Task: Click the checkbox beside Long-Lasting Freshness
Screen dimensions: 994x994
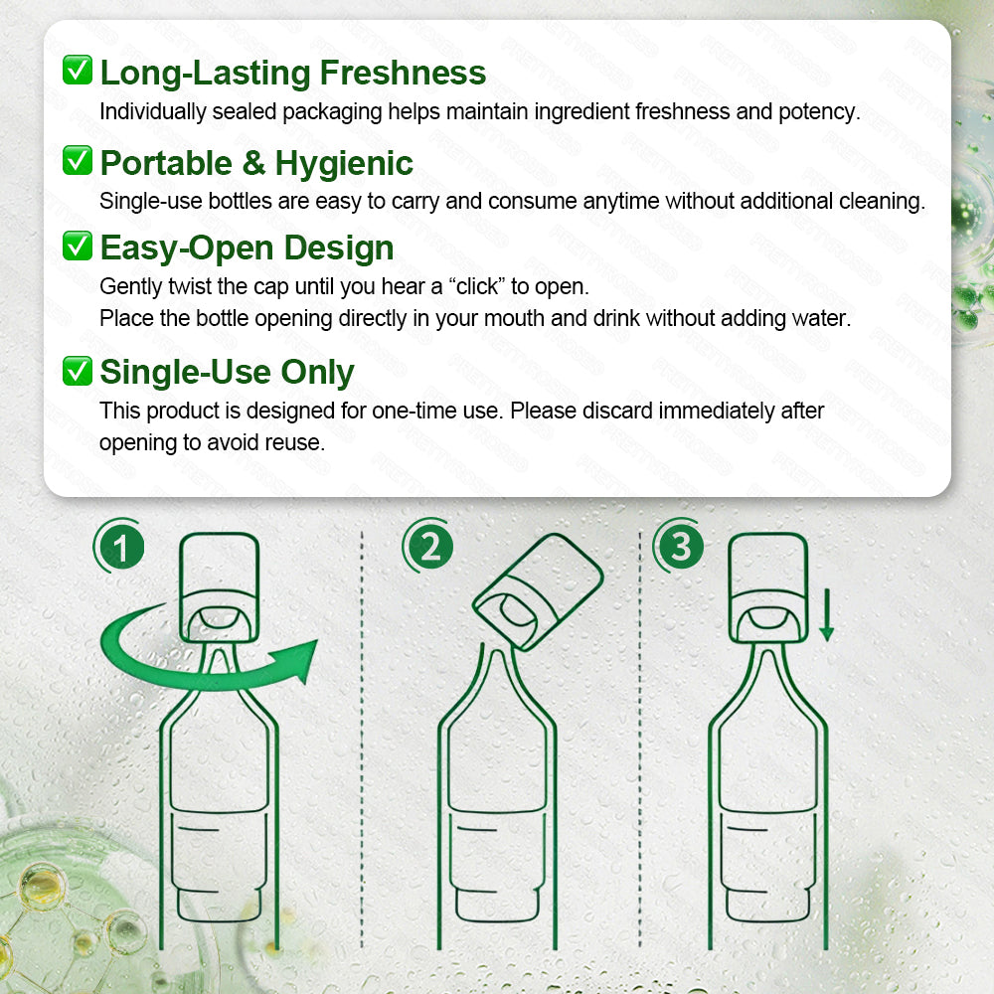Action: [77, 71]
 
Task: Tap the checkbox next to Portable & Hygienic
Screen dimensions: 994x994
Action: [77, 160]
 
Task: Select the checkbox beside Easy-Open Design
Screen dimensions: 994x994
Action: [77, 246]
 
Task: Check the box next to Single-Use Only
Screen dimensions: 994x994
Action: [77, 371]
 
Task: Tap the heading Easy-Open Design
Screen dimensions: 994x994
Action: [247, 248]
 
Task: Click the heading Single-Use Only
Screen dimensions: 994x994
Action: [227, 372]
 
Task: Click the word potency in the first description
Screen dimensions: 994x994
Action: [820, 111]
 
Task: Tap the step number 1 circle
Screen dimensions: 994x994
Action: [120, 548]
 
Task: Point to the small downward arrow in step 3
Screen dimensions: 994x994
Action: [826, 616]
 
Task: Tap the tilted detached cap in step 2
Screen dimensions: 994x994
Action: [538, 593]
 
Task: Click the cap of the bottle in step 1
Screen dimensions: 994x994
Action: [220, 586]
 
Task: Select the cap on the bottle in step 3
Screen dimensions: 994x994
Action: [767, 586]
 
